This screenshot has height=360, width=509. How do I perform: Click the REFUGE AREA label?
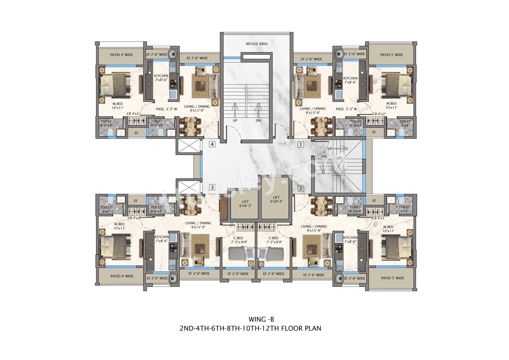click(256, 44)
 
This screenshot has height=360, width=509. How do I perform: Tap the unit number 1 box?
click(301, 145)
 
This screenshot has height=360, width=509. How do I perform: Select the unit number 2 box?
click(301, 189)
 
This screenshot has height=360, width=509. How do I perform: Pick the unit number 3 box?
click(212, 187)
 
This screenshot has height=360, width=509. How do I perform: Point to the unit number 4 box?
click(212, 144)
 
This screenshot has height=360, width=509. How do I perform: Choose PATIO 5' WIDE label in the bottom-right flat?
click(392, 278)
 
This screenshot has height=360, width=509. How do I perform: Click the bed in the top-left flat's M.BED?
click(114, 85)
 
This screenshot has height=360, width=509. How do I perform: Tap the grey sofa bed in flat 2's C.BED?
click(271, 253)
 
